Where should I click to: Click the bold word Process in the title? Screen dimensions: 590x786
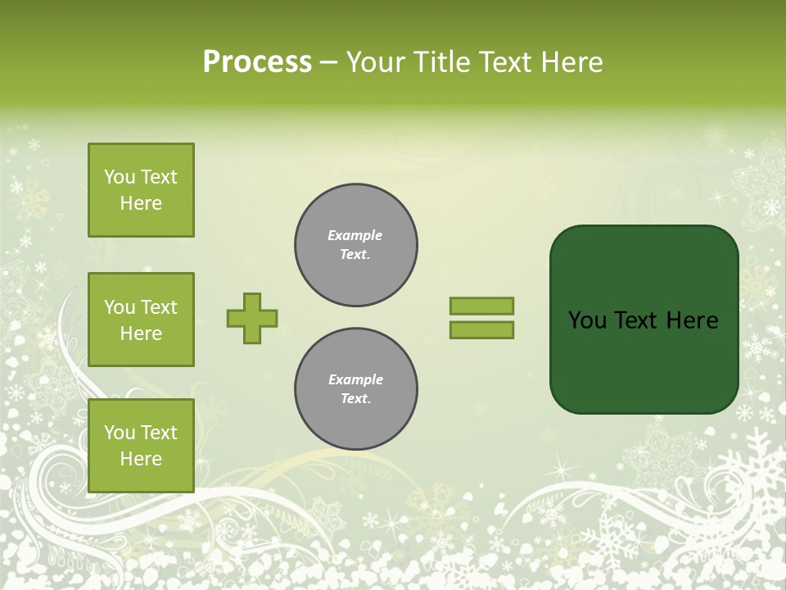coord(257,62)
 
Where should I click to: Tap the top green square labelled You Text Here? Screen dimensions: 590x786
coord(141,190)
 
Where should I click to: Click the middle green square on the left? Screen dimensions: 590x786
coord(141,320)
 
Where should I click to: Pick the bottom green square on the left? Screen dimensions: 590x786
coord(141,446)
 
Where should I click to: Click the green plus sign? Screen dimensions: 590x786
coord(252,318)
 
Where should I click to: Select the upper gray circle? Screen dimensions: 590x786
coord(356,245)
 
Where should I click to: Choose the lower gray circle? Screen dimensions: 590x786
coord(356,389)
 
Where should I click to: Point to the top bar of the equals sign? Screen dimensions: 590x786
coord(481,306)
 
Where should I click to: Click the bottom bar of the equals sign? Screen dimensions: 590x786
coord(481,330)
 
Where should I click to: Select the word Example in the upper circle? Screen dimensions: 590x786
coord(355,235)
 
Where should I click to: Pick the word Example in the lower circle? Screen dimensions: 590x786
coord(355,379)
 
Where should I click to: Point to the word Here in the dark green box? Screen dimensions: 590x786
coord(693,320)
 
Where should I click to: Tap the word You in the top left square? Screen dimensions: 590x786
coord(120,177)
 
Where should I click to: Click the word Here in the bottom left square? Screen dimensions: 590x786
coord(141,459)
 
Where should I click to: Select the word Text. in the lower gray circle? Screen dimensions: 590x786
coord(355,399)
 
